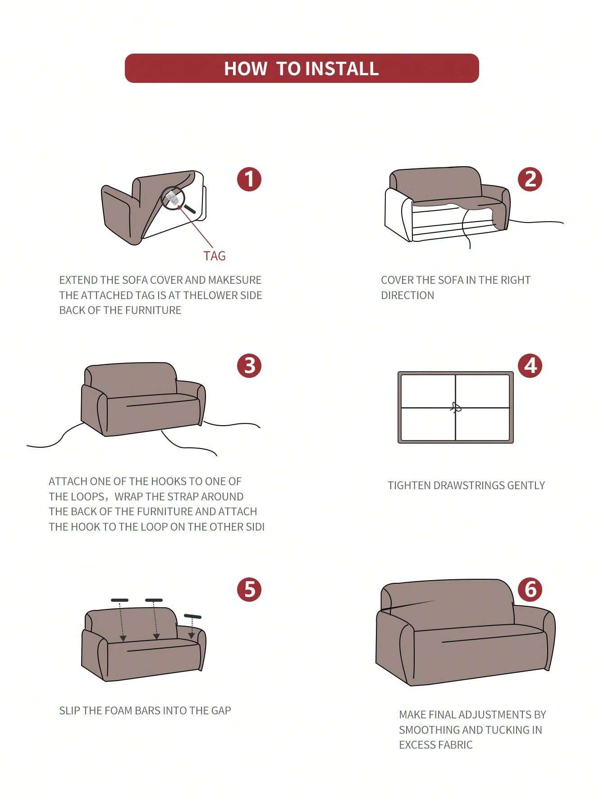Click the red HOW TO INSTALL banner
click(302, 68)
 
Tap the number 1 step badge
click(249, 179)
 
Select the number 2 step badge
click(530, 179)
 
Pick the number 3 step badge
click(249, 365)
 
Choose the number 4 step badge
click(530, 365)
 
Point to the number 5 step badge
click(249, 589)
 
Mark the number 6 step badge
click(530, 589)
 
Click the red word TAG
click(215, 256)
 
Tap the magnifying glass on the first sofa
click(177, 200)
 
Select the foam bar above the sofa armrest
click(192, 616)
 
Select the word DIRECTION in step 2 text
click(407, 295)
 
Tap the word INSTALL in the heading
click(342, 68)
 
